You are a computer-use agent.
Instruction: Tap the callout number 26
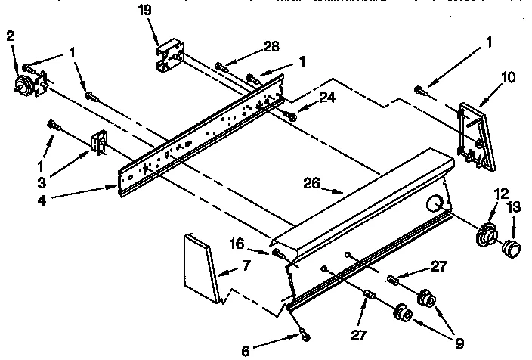[x=311, y=183]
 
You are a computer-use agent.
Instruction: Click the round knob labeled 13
[x=512, y=246]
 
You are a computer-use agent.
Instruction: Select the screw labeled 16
[x=279, y=252]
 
